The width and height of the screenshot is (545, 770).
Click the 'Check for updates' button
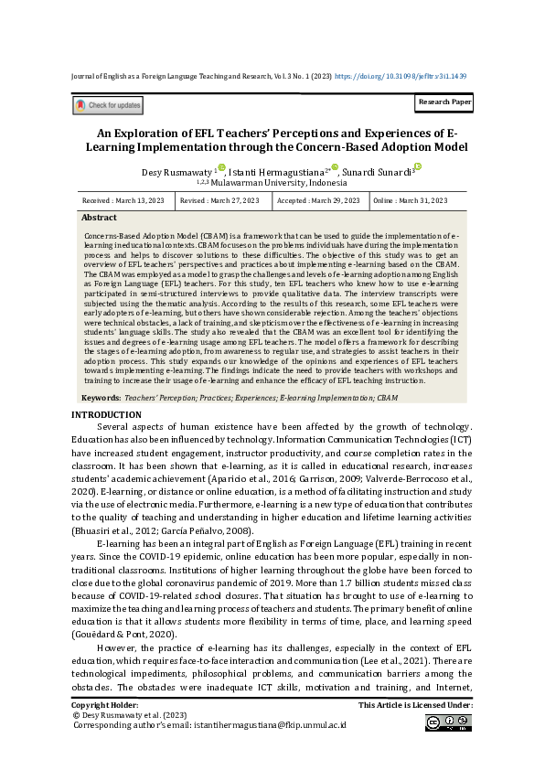tap(107, 106)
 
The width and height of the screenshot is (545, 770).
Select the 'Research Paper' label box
tap(444, 102)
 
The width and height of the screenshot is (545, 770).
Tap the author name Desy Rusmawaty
tap(176, 172)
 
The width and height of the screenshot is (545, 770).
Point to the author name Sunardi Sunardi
tap(377, 172)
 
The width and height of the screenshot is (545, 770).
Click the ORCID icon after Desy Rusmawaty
tap(221, 168)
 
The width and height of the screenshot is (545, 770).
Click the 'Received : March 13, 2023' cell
tap(123, 200)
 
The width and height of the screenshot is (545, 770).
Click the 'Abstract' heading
tap(99, 218)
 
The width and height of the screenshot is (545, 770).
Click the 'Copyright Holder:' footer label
tap(105, 705)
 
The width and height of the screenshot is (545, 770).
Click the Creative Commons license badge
tap(448, 723)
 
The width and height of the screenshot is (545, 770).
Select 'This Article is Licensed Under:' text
tap(415, 705)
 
